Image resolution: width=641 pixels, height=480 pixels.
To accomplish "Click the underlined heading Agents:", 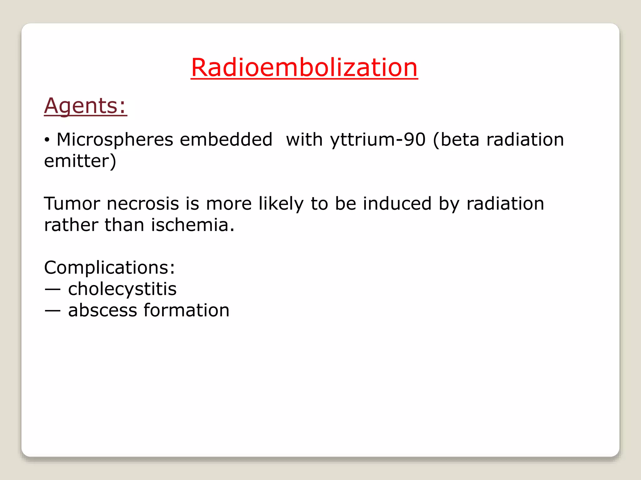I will tap(85, 106).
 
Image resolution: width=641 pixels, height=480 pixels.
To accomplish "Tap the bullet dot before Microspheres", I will tap(47, 140).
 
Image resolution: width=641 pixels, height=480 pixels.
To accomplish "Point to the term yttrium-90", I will tap(378, 140).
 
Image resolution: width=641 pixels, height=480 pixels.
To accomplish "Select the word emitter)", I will tap(80, 161).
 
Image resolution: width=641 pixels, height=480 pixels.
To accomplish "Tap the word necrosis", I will tap(143, 204).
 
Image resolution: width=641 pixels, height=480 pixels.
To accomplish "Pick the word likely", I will tap(281, 204).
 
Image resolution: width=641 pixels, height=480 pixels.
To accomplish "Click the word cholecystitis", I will tap(122, 289).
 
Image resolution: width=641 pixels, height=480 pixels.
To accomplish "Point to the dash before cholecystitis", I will tap(52, 289).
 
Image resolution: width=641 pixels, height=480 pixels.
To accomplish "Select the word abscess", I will tap(103, 310).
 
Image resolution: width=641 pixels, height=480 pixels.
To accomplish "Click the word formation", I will tap(187, 310).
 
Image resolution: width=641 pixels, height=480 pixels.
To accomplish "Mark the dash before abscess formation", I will tap(52, 311).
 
